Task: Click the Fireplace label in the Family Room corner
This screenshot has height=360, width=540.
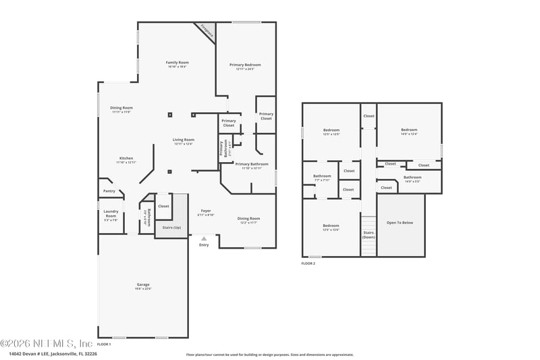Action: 205,30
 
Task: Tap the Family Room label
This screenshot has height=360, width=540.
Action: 177,63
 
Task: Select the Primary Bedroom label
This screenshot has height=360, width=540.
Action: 244,65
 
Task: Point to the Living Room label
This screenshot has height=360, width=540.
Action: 183,140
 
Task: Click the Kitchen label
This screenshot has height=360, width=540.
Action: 126,158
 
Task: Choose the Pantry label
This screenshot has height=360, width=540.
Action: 109,191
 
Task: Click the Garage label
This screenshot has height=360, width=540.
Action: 143,284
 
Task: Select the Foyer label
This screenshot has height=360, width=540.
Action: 206,211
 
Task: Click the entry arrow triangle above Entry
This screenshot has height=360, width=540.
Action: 204,238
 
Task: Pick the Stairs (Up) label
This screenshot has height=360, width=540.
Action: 171,228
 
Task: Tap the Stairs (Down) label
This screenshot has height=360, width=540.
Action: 369,234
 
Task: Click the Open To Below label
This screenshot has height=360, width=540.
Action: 400,222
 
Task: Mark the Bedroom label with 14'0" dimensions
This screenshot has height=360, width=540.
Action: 409,130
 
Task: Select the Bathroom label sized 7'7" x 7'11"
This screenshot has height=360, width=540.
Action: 322,176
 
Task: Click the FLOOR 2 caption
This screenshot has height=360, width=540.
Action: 308,263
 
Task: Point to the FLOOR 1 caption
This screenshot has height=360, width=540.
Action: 104,344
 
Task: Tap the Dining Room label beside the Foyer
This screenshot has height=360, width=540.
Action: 248,218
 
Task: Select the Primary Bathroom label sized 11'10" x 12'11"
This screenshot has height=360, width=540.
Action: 251,164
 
